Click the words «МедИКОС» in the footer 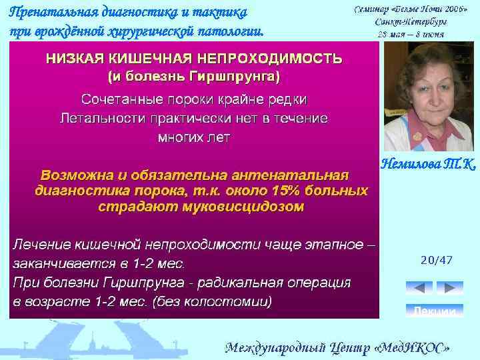point(414,348)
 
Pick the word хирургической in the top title point(142,31)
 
